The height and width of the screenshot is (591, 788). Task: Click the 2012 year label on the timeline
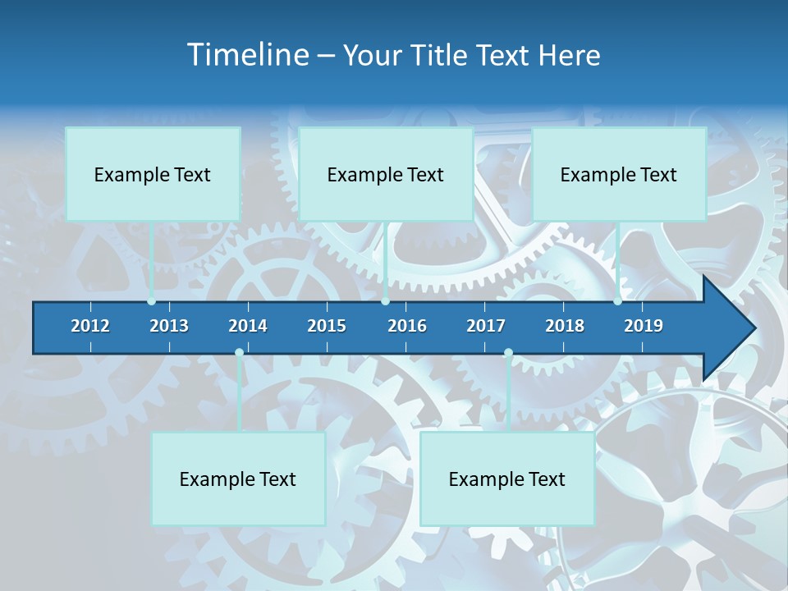click(x=90, y=326)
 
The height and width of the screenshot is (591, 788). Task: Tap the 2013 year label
click(x=169, y=326)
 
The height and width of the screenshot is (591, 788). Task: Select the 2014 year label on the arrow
click(x=248, y=326)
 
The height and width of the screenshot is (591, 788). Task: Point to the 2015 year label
click(x=327, y=326)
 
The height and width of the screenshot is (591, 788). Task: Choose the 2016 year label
click(x=407, y=326)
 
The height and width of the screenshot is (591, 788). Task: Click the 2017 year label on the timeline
click(x=486, y=326)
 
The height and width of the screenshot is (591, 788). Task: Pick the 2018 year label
click(x=565, y=326)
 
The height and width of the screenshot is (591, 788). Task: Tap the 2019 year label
click(x=644, y=326)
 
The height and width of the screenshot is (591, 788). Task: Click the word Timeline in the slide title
click(x=246, y=55)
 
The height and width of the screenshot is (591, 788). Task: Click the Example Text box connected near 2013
click(x=153, y=174)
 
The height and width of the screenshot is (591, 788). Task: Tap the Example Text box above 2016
click(x=386, y=174)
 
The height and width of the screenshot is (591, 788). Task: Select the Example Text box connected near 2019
click(x=619, y=174)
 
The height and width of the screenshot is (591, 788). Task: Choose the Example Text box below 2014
click(x=238, y=479)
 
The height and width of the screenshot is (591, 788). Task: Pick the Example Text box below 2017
click(x=507, y=479)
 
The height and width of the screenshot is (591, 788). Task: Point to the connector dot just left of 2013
click(x=152, y=301)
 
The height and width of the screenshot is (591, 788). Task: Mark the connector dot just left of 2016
click(x=386, y=301)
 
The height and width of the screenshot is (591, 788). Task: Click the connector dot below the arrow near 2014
click(x=239, y=353)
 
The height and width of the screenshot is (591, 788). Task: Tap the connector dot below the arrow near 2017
click(x=508, y=353)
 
